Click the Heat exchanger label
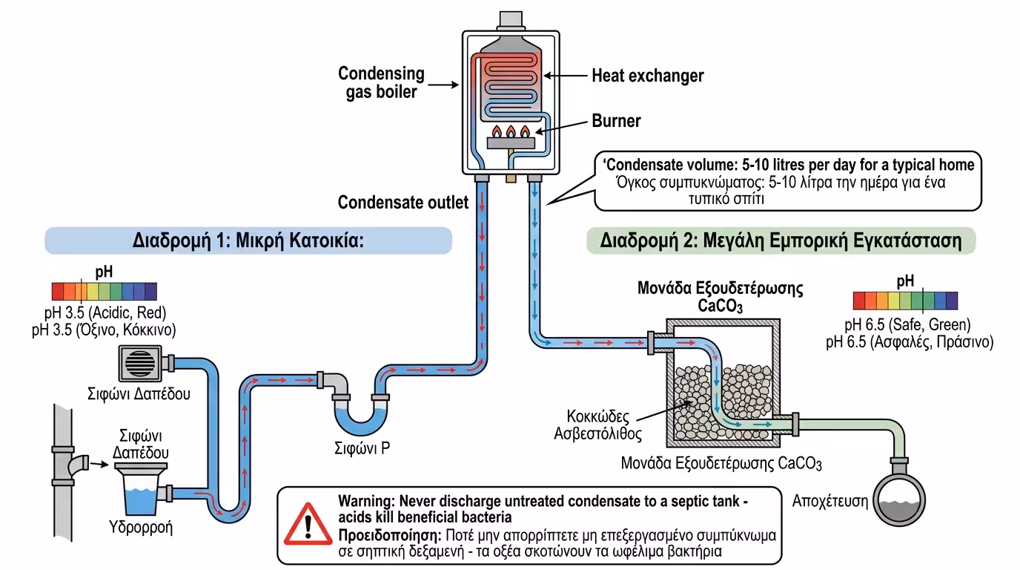[x=647, y=76]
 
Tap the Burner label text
[x=616, y=121]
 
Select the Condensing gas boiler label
[x=381, y=82]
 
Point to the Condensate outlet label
[x=403, y=202]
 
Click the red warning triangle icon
[x=308, y=524]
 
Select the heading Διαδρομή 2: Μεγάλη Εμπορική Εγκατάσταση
[x=781, y=241]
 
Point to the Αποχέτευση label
[x=829, y=500]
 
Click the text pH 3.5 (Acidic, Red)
[x=105, y=312]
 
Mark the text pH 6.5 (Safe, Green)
[x=907, y=325]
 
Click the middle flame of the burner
[x=510, y=132]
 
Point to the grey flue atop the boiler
[x=510, y=19]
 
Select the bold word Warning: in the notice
[x=366, y=501]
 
